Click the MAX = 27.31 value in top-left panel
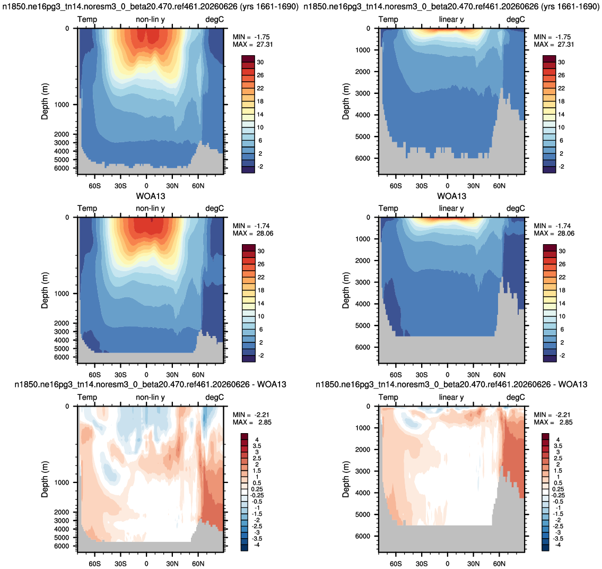(x=252, y=45)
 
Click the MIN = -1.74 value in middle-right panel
(x=553, y=226)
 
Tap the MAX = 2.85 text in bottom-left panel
(x=252, y=422)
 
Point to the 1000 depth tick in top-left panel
(x=62, y=105)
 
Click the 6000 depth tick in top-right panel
(x=362, y=158)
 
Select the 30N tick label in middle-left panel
(x=172, y=375)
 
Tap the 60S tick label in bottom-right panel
(x=396, y=564)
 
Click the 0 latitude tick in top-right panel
(x=447, y=186)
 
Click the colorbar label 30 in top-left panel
(x=260, y=62)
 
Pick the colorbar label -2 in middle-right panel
(x=562, y=356)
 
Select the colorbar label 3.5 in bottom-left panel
(x=257, y=446)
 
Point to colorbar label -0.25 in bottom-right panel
(x=558, y=495)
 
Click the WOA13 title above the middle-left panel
(x=151, y=196)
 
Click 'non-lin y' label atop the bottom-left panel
(x=150, y=397)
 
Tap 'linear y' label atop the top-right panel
(x=451, y=19)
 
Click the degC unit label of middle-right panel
(x=516, y=208)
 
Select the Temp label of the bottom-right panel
(x=388, y=397)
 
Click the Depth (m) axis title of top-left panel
(x=45, y=101)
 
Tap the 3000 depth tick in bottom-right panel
(x=362, y=471)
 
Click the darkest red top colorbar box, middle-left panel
(x=248, y=248)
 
